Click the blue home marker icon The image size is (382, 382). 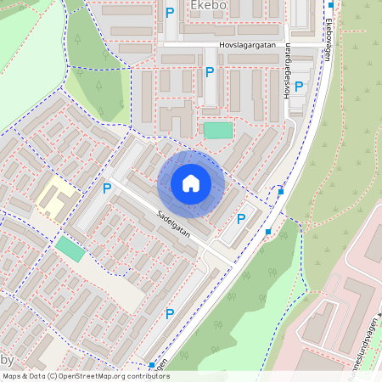click(x=191, y=183)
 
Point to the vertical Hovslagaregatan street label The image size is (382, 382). click(x=287, y=72)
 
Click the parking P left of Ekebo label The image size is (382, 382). click(x=170, y=13)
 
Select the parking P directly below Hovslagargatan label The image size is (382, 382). click(x=210, y=73)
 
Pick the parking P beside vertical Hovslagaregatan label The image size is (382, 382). click(x=299, y=86)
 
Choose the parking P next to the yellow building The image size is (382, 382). click(x=107, y=188)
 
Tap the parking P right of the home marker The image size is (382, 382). click(x=241, y=218)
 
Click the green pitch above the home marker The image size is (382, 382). click(x=217, y=130)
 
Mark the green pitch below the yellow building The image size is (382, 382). click(x=70, y=249)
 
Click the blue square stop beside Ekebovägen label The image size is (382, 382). click(x=330, y=5)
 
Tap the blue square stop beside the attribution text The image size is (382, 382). click(x=152, y=365)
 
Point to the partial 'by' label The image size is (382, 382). click(x=8, y=360)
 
